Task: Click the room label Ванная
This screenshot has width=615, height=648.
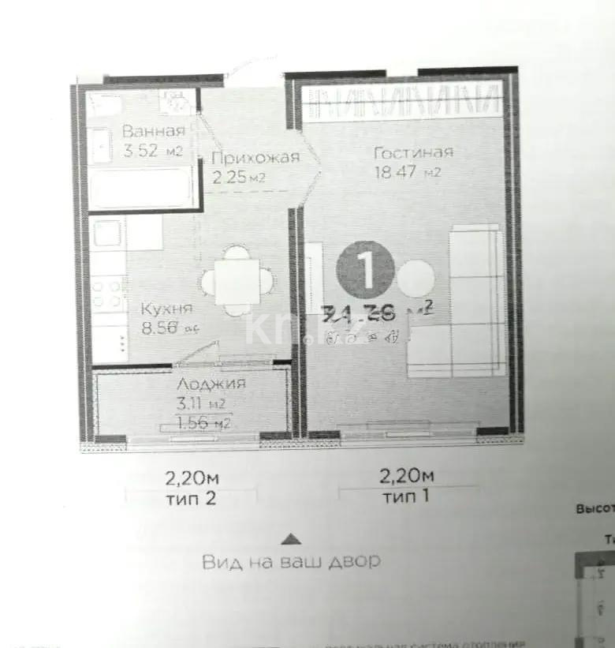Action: tap(153, 131)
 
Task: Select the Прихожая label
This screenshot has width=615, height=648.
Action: tap(255, 157)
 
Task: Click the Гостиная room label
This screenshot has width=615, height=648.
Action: tap(413, 152)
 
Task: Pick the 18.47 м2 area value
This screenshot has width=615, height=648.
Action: tap(407, 171)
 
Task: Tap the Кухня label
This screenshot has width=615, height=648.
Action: tap(166, 309)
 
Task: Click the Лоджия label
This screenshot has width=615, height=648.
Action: tap(211, 384)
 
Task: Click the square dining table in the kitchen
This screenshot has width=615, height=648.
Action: tap(237, 280)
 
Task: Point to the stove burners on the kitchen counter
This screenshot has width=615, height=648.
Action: tap(108, 291)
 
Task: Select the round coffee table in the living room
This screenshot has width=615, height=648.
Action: tap(415, 279)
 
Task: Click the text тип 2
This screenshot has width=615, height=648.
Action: tap(188, 497)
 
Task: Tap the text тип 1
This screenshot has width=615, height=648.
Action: tap(406, 497)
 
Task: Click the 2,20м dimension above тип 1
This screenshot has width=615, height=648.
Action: tap(407, 476)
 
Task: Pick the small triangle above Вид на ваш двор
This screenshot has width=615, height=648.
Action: tap(291, 539)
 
